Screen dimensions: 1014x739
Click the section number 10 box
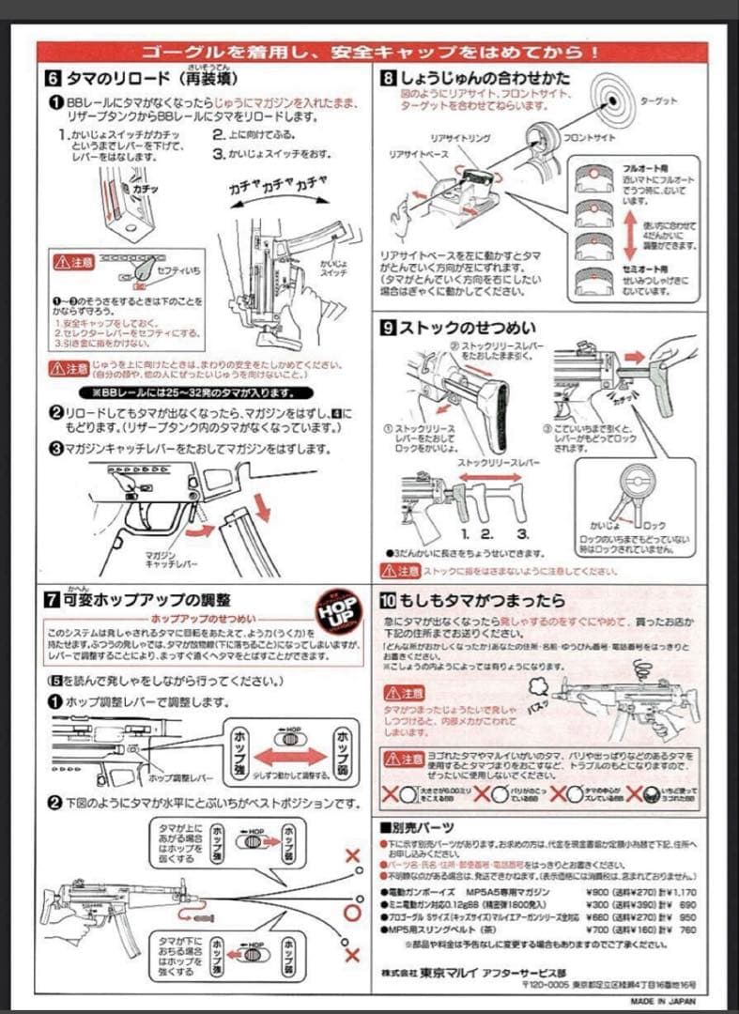(389, 599)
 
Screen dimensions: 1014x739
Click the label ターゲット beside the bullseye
(658, 100)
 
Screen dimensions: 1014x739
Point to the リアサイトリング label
(460, 139)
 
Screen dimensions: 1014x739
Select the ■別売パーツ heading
(416, 827)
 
